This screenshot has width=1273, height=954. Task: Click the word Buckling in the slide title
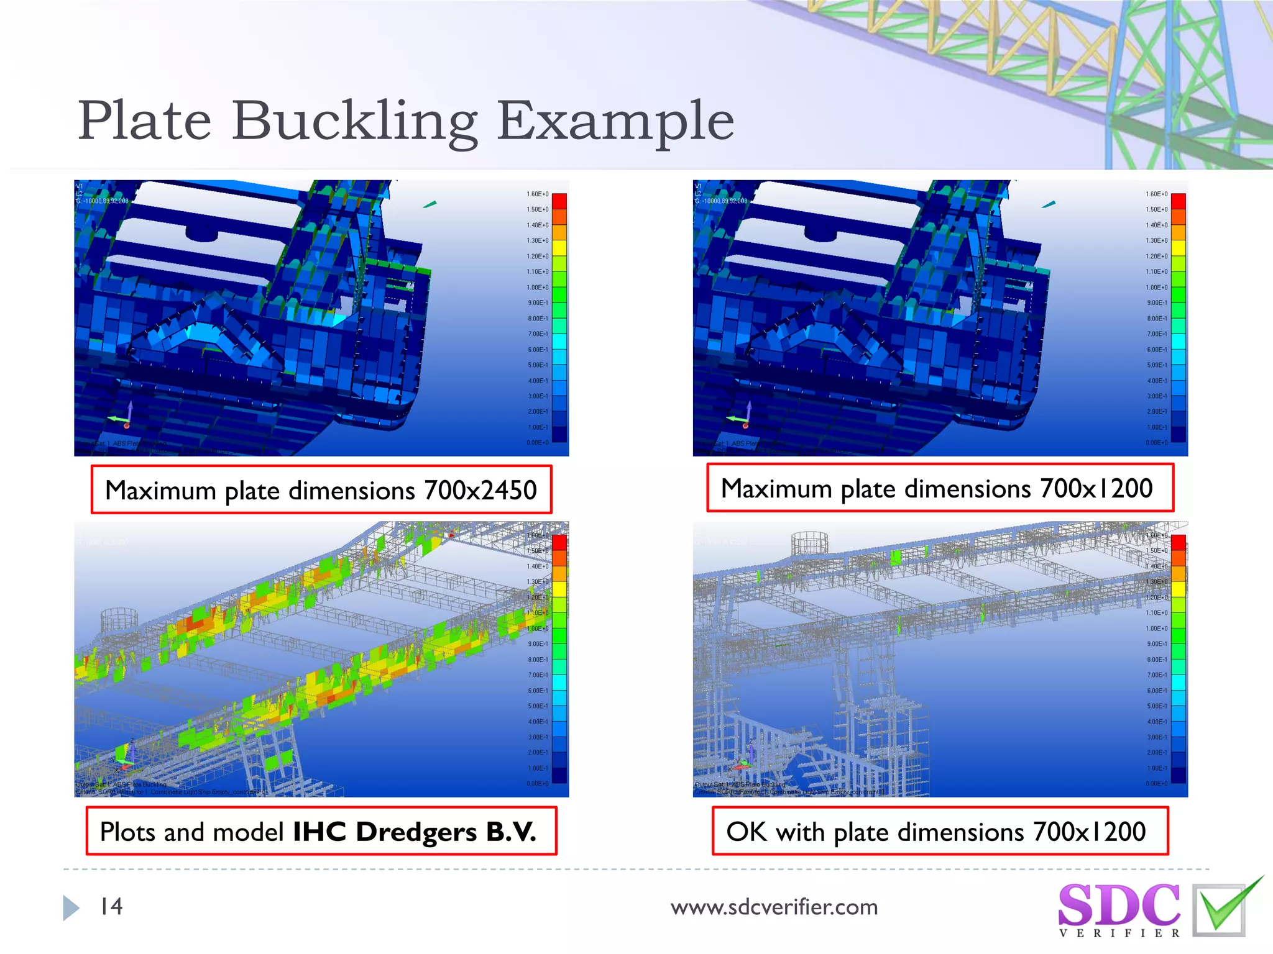pos(354,122)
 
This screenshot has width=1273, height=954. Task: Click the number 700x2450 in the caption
pos(480,491)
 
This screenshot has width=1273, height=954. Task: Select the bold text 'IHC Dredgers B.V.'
pos(414,832)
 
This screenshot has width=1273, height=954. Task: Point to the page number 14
pos(111,907)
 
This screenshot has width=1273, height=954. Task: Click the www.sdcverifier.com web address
pos(774,907)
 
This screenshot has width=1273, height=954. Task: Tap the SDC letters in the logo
pos(1118,905)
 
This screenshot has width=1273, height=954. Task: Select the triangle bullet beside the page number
pos(71,908)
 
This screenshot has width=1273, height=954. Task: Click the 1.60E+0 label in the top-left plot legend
pos(538,194)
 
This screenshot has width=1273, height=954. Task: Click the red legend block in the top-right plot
pos(1178,201)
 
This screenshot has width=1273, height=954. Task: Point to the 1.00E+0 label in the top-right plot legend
pos(1157,288)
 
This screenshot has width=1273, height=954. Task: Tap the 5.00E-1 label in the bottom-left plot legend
pos(538,706)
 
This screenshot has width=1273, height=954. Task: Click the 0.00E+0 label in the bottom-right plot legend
pos(1157,784)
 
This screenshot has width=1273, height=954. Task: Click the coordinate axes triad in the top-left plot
pos(122,417)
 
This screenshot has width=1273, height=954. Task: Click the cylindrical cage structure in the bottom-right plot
pos(810,545)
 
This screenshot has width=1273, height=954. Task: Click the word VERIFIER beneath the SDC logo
pos(1119,934)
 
